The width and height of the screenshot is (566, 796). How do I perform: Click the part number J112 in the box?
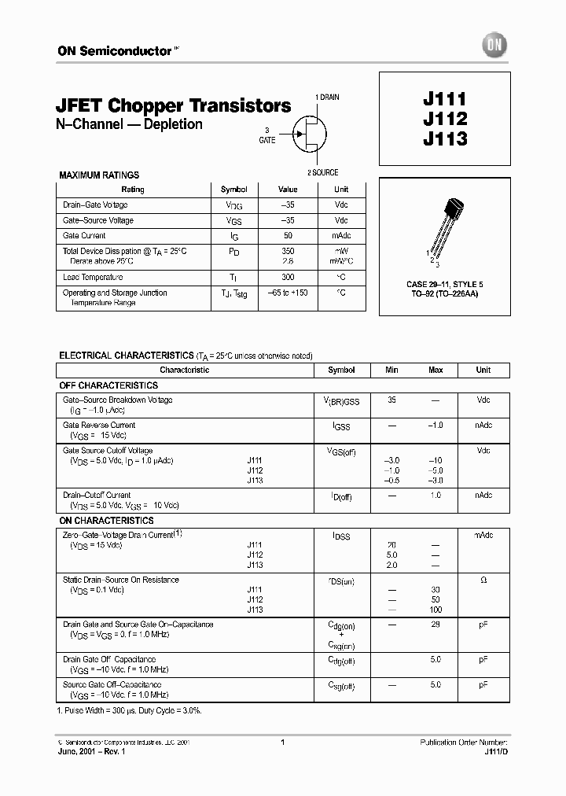click(x=445, y=119)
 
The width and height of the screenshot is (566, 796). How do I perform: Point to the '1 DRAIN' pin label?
click(x=327, y=97)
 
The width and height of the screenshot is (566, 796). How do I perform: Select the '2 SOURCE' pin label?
click(x=322, y=172)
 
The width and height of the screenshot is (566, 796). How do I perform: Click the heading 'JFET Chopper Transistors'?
click(x=174, y=105)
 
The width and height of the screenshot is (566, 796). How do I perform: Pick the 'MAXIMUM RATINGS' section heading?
click(x=99, y=175)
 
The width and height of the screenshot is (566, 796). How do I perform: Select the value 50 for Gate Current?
click(x=288, y=235)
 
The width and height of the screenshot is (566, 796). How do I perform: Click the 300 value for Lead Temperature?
click(x=288, y=277)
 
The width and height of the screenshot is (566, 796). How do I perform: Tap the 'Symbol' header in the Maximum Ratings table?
click(x=233, y=190)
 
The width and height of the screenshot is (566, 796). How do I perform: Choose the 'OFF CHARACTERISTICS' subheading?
click(x=108, y=385)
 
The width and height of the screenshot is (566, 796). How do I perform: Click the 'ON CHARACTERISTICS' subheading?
click(x=106, y=521)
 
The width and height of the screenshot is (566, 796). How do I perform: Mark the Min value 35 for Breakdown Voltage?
click(x=391, y=400)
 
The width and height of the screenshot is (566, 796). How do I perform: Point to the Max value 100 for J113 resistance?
click(x=436, y=610)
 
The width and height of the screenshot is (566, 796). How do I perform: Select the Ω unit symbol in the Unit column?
click(x=483, y=580)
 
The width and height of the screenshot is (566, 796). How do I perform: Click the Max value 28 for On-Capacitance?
click(x=436, y=625)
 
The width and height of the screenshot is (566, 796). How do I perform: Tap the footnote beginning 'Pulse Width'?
click(x=130, y=710)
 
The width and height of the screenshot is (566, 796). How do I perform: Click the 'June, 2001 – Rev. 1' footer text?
click(x=91, y=752)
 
